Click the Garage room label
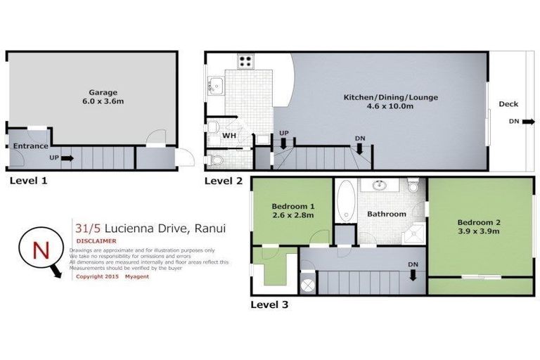[x=102, y=92]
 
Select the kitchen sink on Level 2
[x=216, y=87]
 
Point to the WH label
[x=229, y=135]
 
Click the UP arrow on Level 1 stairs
[x=67, y=158]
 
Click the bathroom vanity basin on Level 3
[x=380, y=187]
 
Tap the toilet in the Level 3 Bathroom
[x=413, y=186]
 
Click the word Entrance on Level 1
[x=30, y=146]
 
